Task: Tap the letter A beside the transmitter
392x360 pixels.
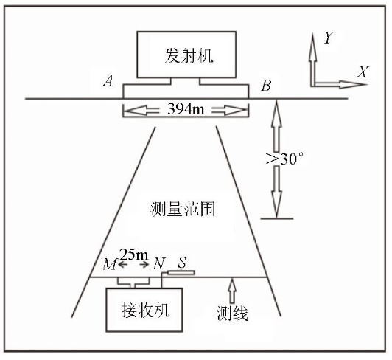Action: point(108,81)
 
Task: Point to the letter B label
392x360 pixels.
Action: point(266,86)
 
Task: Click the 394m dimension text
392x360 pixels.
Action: point(186,109)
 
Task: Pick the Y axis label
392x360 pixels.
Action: point(329,38)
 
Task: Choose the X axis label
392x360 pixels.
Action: point(363,72)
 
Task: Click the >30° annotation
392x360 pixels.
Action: point(284,159)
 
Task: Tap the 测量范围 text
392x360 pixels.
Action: point(183,209)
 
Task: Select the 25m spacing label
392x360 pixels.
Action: point(134,255)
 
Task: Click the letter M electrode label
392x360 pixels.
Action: point(110,264)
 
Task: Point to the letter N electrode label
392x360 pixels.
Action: point(159,263)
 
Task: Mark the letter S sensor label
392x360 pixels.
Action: point(182,263)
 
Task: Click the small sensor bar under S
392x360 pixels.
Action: point(181,272)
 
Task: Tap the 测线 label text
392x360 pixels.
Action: point(232,314)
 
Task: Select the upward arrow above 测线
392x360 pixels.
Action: point(233,291)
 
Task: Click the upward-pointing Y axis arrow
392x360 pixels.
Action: point(312,60)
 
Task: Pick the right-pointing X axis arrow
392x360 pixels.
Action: point(340,85)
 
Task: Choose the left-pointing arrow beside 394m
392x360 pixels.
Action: point(141,111)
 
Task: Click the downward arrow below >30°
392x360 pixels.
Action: point(276,192)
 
